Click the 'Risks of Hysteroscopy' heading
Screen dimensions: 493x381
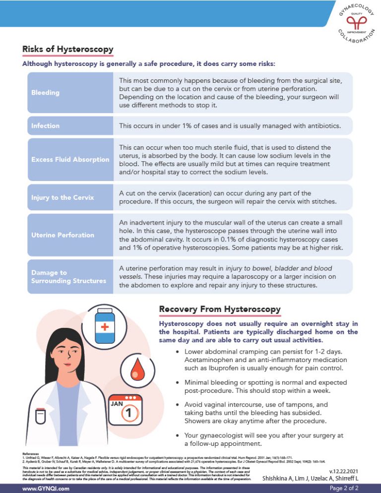click(x=68, y=49)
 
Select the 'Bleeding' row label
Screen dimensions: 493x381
click(x=45, y=93)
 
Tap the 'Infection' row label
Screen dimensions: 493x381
click(x=45, y=126)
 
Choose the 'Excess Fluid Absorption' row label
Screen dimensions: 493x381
click(x=70, y=160)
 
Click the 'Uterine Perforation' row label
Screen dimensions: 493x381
click(x=63, y=235)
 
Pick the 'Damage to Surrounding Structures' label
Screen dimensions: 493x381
click(x=68, y=277)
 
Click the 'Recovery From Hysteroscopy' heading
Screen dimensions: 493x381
click(x=219, y=309)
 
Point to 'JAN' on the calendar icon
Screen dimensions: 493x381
click(x=117, y=404)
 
